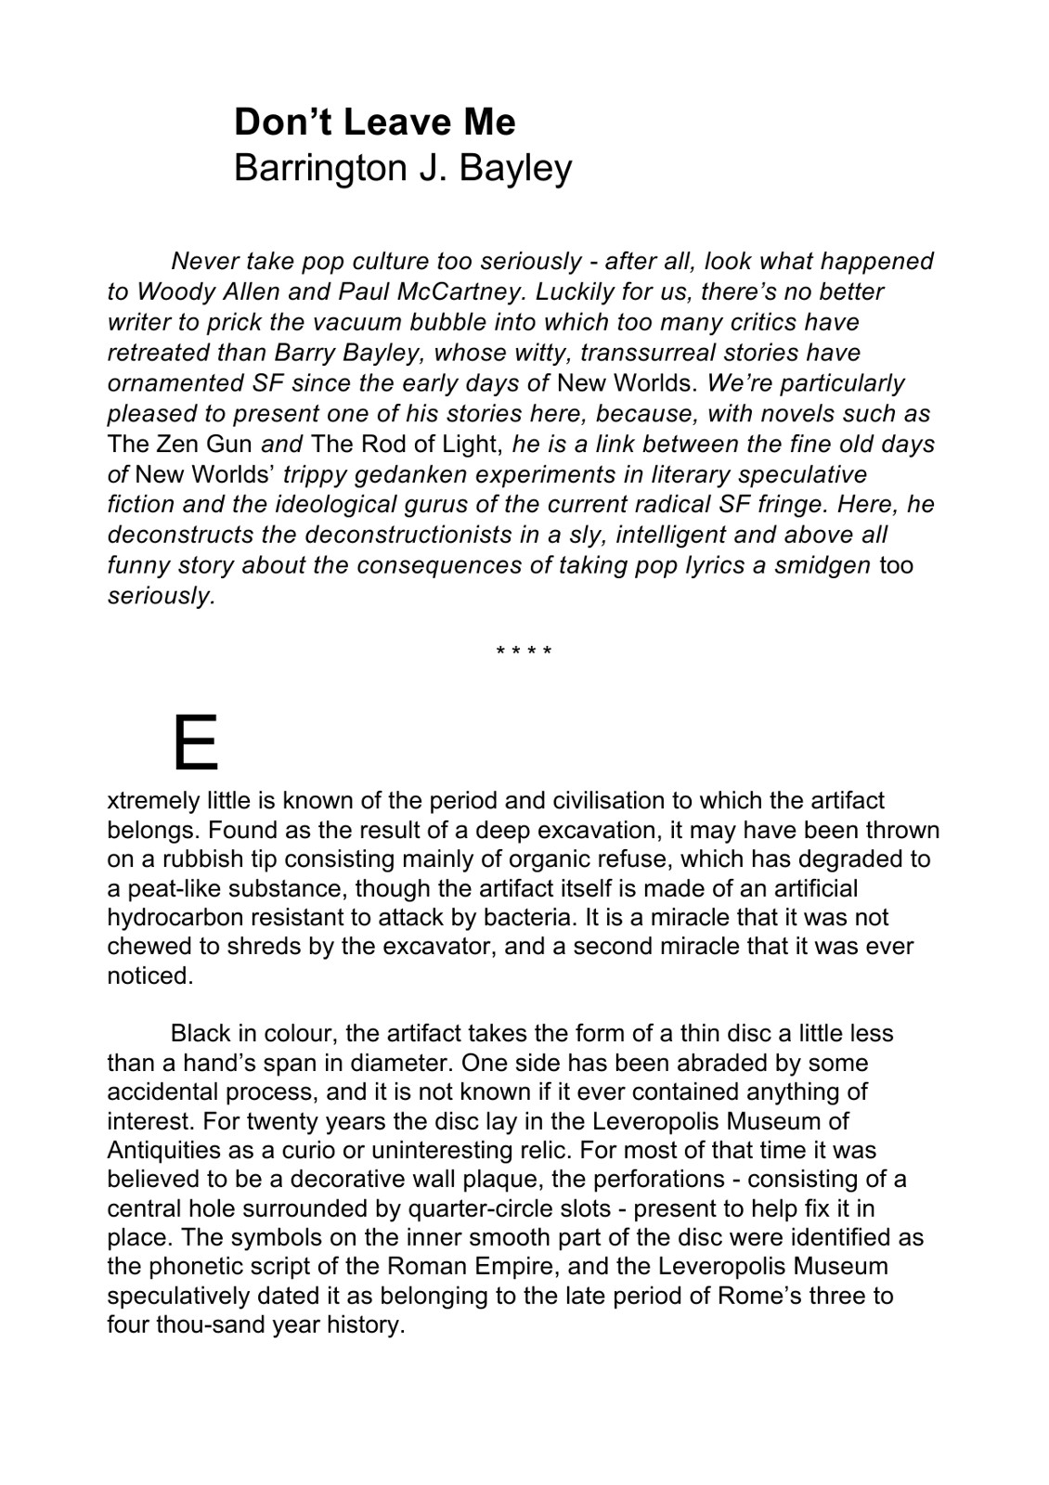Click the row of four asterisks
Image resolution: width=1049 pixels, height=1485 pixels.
(x=524, y=652)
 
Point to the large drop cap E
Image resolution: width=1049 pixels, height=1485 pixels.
(x=195, y=742)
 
